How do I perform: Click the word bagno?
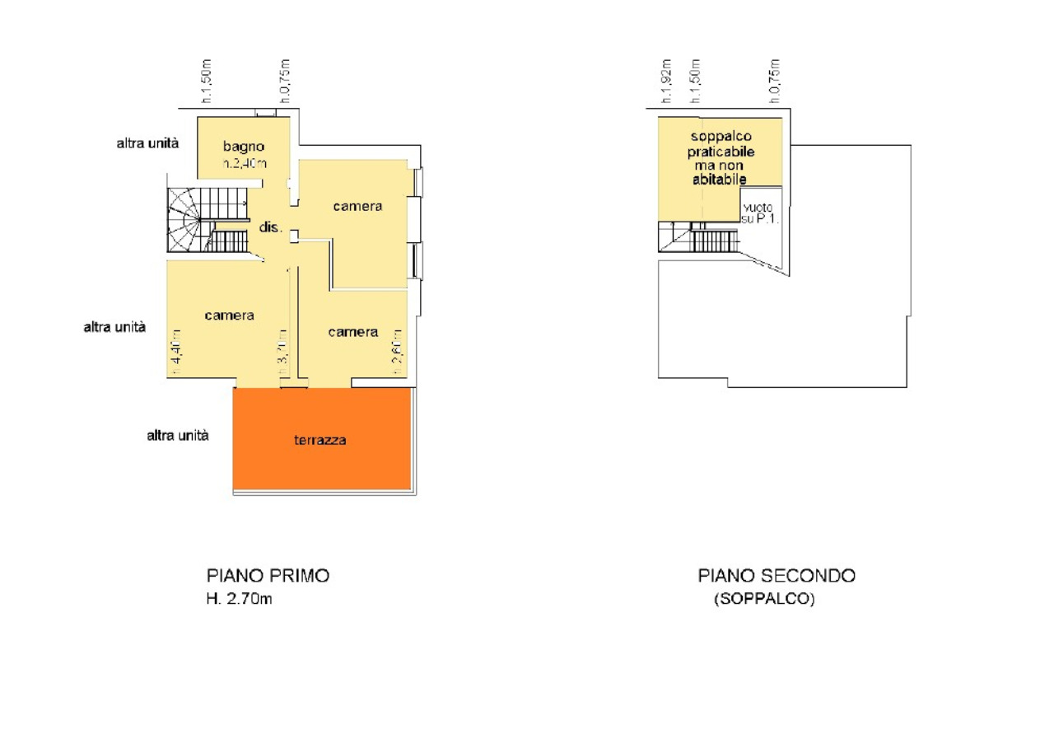(243, 147)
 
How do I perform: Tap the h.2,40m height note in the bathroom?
(245, 163)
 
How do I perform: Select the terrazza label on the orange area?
(320, 440)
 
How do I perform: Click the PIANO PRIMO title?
(268, 576)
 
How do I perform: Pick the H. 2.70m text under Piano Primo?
(239, 599)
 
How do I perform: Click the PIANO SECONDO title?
(777, 576)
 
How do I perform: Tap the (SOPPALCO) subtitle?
(764, 600)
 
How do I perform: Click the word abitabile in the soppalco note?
(719, 179)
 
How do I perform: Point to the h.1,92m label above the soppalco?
(667, 81)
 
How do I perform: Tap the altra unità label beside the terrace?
(178, 435)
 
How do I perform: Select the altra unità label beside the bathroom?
(148, 143)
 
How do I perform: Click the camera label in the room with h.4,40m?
(230, 315)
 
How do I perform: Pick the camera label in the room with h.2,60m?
(353, 332)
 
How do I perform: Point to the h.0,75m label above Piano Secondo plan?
(774, 81)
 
